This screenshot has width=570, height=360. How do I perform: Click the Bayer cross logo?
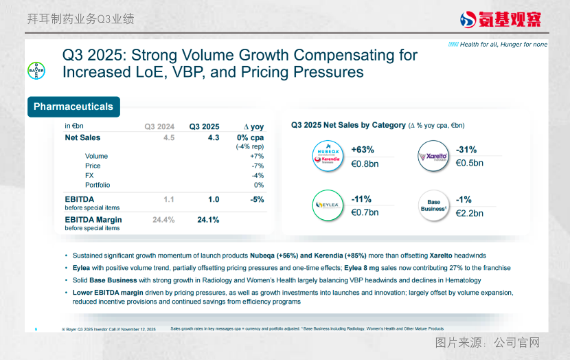tap(36, 71)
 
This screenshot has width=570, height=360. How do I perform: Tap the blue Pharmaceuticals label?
tap(73, 106)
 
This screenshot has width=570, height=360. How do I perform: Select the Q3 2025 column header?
tap(205, 126)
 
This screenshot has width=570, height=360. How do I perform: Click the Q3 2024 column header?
tap(159, 126)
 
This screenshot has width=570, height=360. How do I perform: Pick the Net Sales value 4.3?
tap(214, 138)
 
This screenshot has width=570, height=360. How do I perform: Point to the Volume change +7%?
tap(258, 157)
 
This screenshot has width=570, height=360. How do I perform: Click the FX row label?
tap(90, 175)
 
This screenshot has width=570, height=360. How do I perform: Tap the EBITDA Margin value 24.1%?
tap(208, 220)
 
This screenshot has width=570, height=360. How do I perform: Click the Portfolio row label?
tap(98, 185)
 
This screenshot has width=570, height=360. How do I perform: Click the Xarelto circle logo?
tap(433, 156)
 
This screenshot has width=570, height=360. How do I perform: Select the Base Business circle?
tap(433, 205)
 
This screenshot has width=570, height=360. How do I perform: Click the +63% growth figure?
tap(362, 150)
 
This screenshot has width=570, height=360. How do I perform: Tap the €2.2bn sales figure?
tap(470, 213)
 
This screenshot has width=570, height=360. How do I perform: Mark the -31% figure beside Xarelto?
tap(466, 150)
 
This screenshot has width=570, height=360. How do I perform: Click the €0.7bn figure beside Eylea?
tap(365, 213)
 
